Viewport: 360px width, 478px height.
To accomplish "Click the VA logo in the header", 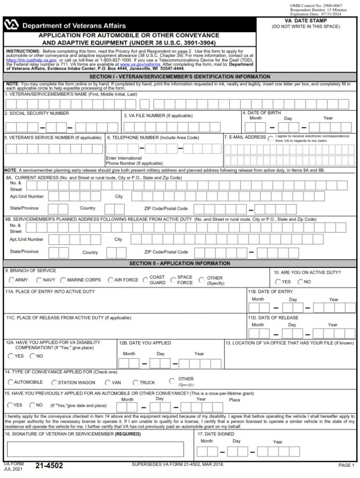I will tap(11, 25).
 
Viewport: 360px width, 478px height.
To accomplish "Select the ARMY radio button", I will tap(12, 280).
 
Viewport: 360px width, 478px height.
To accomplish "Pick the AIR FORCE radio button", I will tap(111, 280).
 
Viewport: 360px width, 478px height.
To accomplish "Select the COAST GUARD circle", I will tap(145, 280).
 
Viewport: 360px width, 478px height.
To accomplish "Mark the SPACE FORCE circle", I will tap(173, 280).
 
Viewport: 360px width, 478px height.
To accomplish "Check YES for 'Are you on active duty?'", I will tap(278, 282).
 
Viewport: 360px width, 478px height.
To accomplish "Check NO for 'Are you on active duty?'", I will tap(300, 282).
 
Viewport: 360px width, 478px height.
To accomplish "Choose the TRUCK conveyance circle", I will tap(136, 382).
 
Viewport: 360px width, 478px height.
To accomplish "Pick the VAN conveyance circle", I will tap(108, 382).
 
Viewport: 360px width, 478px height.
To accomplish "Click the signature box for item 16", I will tap(95, 449).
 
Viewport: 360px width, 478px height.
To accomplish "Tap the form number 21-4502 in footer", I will tap(49, 465).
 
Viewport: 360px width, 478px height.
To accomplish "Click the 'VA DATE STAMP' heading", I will tap(306, 21).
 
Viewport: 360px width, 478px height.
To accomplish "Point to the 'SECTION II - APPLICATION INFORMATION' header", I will tap(180, 263).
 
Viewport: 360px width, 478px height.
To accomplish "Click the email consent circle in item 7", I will tap(270, 139).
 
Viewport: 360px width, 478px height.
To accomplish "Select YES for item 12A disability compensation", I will tap(11, 356).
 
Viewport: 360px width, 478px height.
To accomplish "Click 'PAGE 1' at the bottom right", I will tap(346, 465).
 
